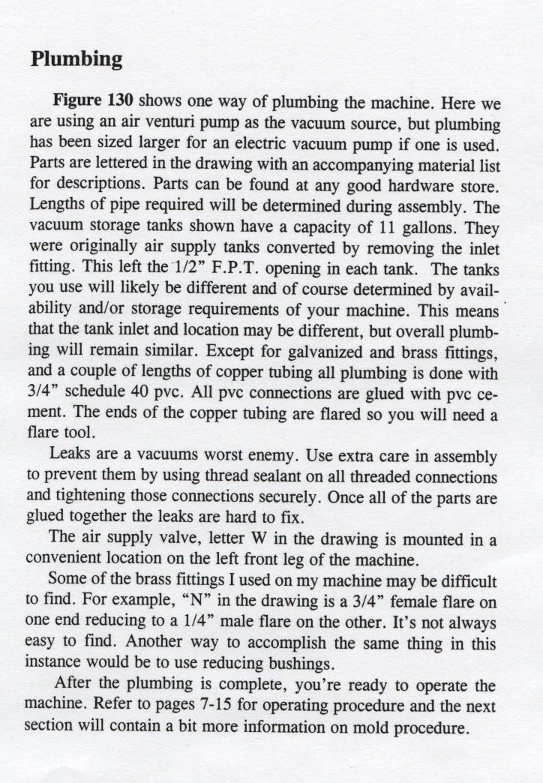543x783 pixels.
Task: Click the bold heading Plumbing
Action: coord(76,59)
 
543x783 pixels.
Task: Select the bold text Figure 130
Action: coord(94,101)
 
